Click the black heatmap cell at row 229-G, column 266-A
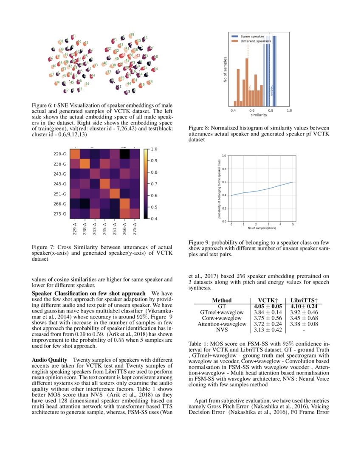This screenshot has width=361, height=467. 125,154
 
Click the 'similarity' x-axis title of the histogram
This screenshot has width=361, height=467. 259,115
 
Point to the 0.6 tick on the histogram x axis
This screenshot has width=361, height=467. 251,110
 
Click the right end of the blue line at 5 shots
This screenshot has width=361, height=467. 293,182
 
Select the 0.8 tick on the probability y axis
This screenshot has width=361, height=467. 225,169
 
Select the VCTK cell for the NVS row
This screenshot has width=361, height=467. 265,329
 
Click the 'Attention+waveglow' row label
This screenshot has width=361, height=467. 222,324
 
